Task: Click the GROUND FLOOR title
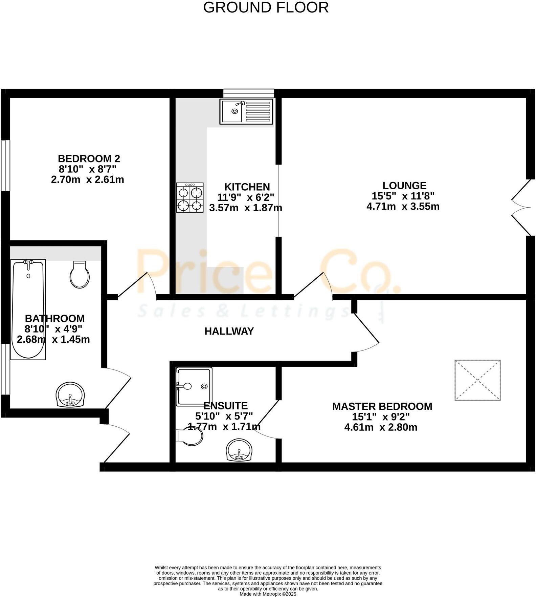266,7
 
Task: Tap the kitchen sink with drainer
246,111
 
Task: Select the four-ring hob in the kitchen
190,197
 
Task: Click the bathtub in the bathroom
28,309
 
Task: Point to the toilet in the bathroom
80,275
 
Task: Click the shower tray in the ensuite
194,386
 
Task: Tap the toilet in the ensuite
189,436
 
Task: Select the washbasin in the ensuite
239,450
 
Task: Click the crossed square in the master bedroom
477,380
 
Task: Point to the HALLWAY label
229,331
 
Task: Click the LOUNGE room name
404,186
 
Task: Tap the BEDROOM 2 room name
89,158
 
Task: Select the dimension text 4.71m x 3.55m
403,206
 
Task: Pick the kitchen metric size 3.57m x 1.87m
246,208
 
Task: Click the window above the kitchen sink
248,93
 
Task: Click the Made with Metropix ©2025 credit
268,594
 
